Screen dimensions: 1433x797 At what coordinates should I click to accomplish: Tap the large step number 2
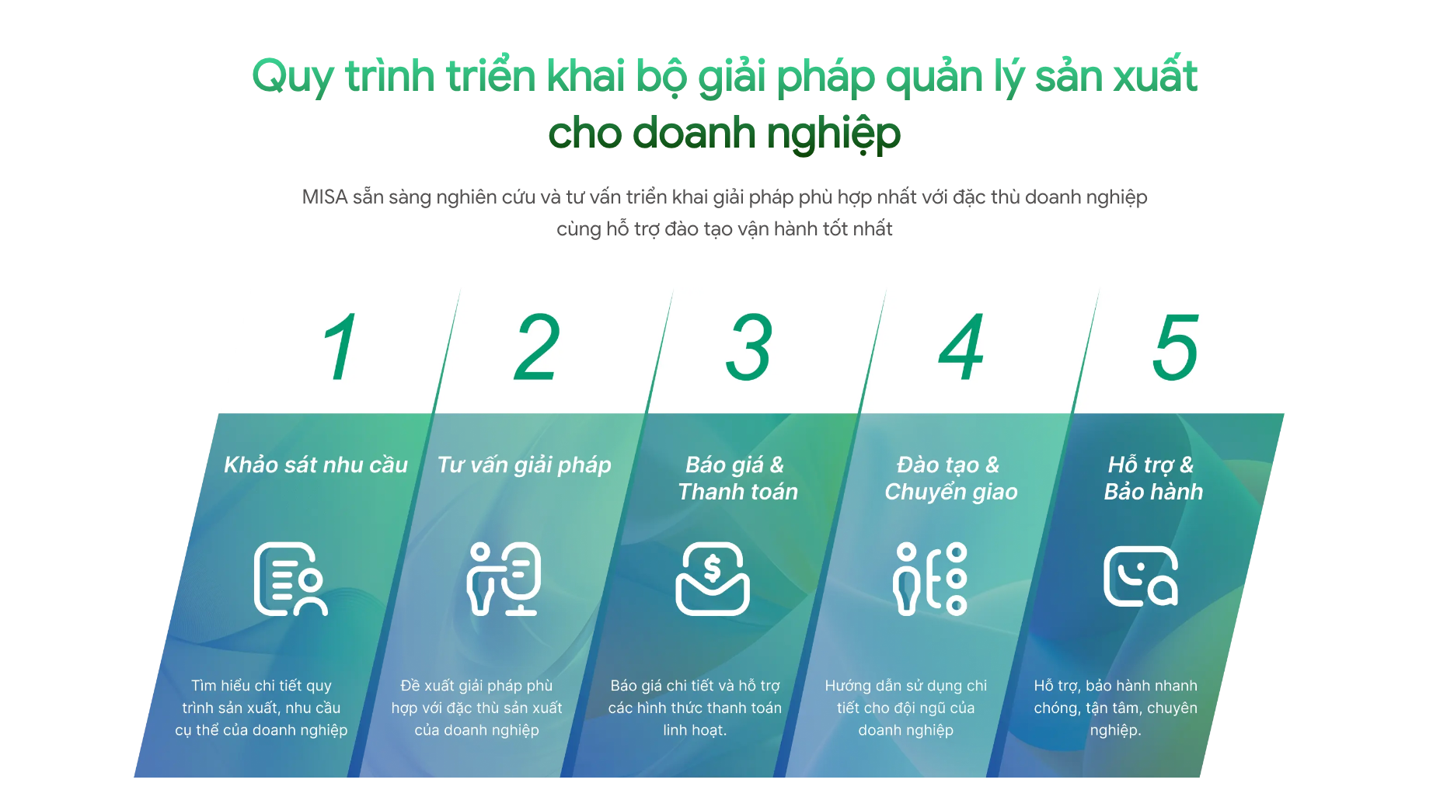pos(537,347)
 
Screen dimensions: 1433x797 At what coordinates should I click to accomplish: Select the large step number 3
pos(749,347)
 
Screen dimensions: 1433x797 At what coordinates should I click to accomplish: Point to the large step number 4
pos(962,347)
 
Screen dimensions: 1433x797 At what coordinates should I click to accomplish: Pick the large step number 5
pos(1175,347)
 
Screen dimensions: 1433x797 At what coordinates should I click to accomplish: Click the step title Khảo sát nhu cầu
pos(316,465)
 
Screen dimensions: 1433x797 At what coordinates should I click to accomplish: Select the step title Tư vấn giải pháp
pos(525,465)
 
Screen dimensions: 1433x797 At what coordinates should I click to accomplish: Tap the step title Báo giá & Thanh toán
pos(737,478)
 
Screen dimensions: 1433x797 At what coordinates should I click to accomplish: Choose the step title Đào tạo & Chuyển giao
pos(951,478)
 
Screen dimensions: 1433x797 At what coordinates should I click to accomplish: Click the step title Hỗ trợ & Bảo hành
pos(1153,478)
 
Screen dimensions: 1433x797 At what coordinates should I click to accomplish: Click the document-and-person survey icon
pos(290,579)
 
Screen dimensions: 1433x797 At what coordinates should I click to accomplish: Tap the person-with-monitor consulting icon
pos(504,579)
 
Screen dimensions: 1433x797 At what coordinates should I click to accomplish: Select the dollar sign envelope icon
pos(713,579)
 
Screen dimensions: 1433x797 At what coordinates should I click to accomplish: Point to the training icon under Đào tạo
pos(930,579)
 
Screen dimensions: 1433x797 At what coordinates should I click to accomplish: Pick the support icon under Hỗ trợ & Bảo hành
pos(1141,576)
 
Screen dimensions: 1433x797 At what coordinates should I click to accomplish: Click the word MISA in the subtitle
pos(325,197)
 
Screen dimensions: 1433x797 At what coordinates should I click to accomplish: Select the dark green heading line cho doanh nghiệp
pos(724,134)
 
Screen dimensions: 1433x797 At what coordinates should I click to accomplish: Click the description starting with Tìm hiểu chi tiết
pos(261,708)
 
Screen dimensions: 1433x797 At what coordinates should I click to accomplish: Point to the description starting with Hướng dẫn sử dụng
pos(906,708)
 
